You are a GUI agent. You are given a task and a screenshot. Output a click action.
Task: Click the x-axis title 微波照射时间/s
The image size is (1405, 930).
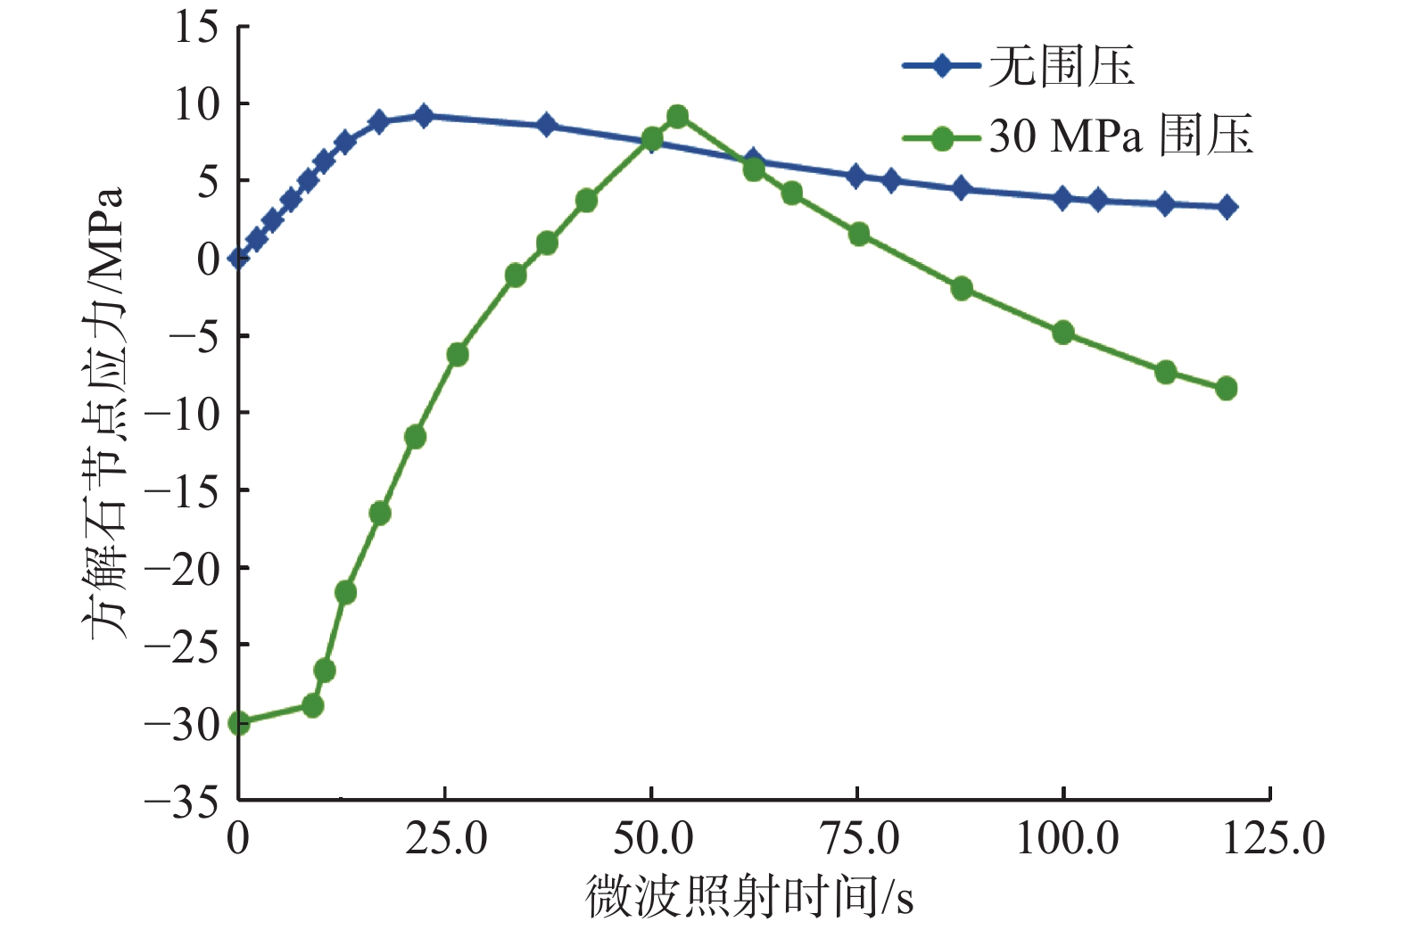tap(749, 896)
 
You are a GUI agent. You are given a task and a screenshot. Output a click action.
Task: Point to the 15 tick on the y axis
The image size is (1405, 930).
tap(197, 27)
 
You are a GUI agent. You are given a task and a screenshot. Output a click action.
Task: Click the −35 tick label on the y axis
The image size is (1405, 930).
tap(182, 802)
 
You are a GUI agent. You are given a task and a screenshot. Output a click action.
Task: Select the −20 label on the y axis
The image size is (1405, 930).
tap(182, 569)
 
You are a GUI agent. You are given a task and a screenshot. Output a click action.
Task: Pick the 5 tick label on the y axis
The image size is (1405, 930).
tap(208, 182)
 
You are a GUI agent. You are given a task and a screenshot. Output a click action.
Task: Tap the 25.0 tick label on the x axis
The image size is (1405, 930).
tap(445, 839)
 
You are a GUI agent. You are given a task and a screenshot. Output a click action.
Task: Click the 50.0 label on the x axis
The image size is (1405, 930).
tap(652, 839)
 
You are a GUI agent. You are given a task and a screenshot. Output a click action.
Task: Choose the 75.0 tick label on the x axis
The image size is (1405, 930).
tap(858, 839)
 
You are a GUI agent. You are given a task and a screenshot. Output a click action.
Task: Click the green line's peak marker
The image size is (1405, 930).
tap(677, 117)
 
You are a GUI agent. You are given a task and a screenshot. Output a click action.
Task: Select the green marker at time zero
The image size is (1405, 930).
tap(239, 723)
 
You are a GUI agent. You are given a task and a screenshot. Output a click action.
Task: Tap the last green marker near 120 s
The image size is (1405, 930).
tap(1227, 388)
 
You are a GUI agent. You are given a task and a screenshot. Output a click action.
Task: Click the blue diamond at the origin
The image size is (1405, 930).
tap(238, 259)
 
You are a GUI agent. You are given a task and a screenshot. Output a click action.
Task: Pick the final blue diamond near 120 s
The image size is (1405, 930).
tap(1227, 208)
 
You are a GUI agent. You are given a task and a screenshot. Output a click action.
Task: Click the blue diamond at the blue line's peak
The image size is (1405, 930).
tap(424, 116)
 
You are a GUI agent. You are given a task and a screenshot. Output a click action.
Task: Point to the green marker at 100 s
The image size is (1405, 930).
tap(1062, 333)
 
